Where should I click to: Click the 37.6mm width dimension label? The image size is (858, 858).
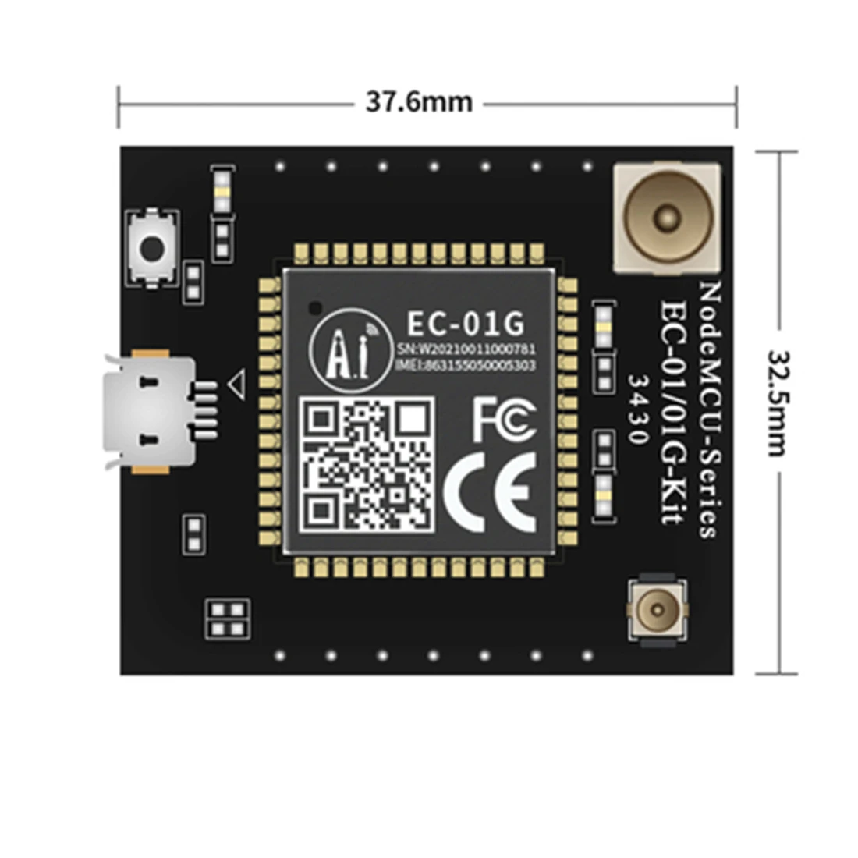click(419, 102)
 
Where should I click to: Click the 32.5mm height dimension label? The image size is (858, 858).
click(778, 402)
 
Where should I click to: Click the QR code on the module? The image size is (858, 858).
click(367, 465)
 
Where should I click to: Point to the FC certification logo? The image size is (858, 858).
click(504, 419)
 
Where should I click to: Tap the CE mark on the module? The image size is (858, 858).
click(491, 492)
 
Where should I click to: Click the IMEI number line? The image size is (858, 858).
click(466, 365)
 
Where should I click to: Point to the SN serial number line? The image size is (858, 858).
click(466, 349)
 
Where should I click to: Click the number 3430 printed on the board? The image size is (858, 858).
click(638, 409)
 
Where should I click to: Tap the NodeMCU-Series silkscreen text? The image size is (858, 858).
click(708, 409)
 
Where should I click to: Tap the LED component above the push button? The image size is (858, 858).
click(222, 191)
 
